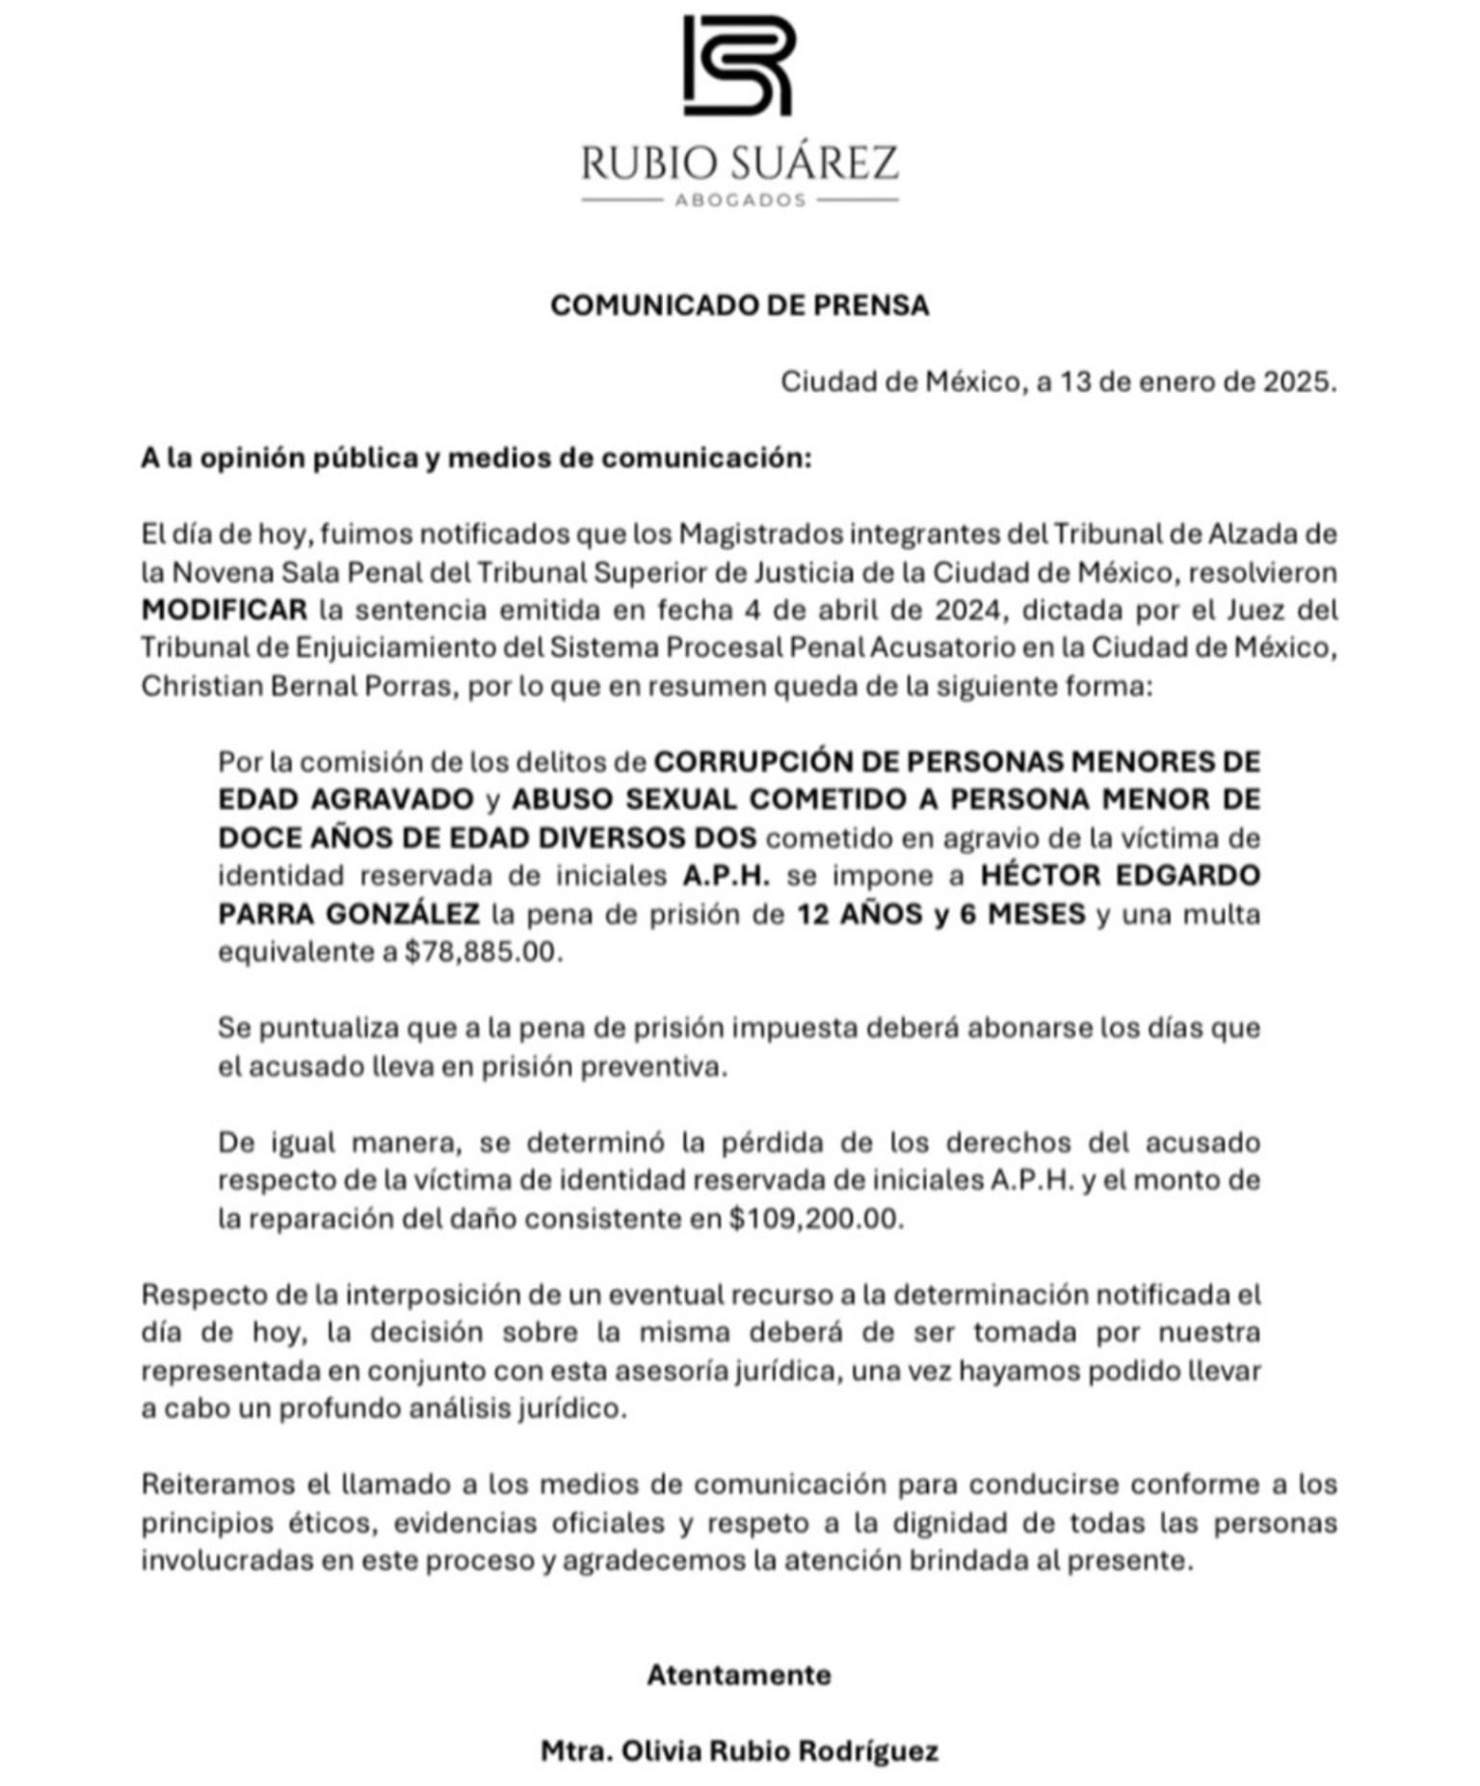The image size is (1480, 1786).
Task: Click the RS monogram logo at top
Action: coord(738,66)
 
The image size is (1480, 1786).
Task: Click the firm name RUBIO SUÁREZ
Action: coord(739,163)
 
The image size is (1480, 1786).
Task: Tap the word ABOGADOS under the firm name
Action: coord(739,200)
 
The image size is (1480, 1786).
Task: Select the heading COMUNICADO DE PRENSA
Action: coord(739,305)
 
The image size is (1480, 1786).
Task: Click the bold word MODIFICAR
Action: coord(225,610)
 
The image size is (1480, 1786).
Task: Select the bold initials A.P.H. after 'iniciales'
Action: coord(727,876)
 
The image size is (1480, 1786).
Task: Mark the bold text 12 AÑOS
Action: coord(858,913)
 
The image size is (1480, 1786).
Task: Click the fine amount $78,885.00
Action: coord(482,952)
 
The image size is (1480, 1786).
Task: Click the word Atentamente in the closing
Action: coord(739,1675)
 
